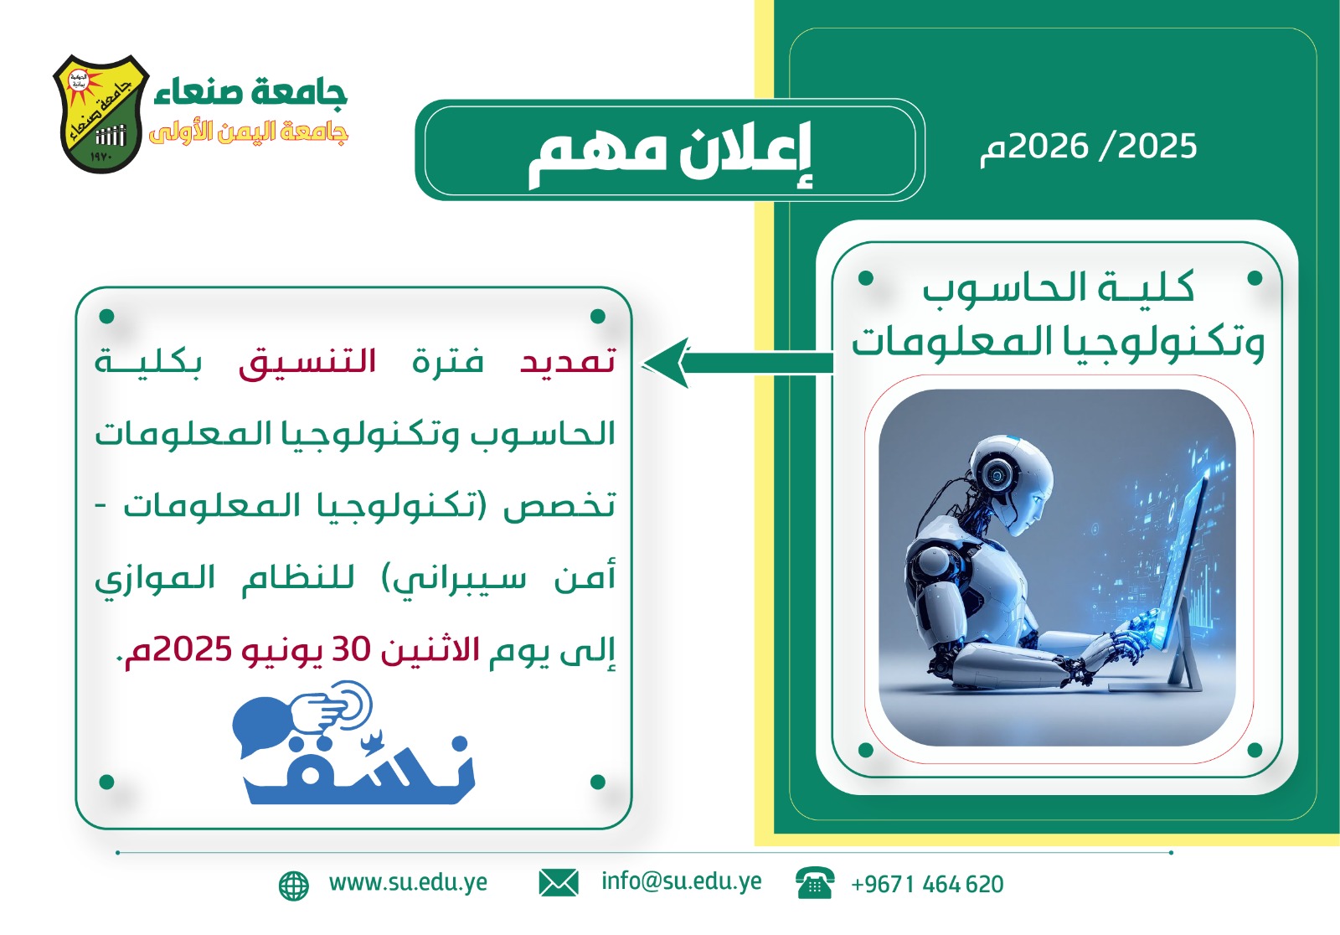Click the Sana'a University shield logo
coord(101,114)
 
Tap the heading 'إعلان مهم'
coord(669,153)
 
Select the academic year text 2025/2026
coord(1088,147)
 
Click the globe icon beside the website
coord(294,886)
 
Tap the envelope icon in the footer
coord(558,883)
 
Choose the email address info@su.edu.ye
coord(682,881)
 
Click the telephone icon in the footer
coord(815,883)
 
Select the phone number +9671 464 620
coord(927,884)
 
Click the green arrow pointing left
coord(737,363)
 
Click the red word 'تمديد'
coord(567,362)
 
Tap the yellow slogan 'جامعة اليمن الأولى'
coord(248,132)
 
